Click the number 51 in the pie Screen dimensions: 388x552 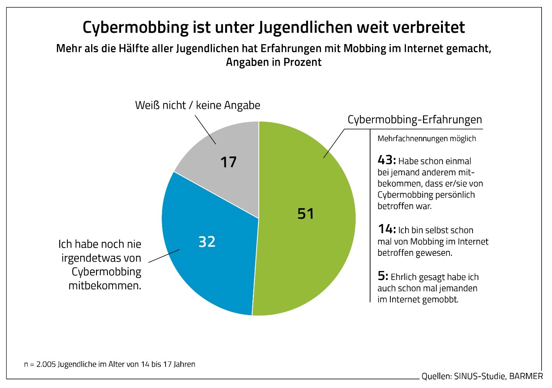[305, 214]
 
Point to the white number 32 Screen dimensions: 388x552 [207, 242]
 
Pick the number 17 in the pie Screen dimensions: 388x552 [228, 162]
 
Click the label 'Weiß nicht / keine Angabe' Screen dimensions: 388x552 [198, 105]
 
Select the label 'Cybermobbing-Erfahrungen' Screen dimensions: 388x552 [414, 119]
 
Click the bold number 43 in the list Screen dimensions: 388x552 [386, 160]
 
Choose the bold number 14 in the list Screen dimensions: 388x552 [386, 229]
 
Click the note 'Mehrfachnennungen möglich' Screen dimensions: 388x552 [427, 138]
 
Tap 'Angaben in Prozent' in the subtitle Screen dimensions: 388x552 [273, 62]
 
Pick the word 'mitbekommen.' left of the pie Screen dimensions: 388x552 [105, 285]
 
